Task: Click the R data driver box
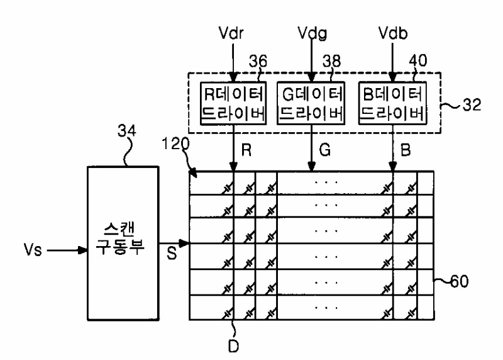[x=233, y=103]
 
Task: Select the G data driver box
[x=311, y=103]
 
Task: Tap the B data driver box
[x=392, y=103]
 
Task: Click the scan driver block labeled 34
[x=123, y=243]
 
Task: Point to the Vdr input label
[x=231, y=33]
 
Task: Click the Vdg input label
[x=312, y=33]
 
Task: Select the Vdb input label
[x=393, y=33]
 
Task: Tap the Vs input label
[x=33, y=249]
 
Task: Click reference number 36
[x=258, y=61]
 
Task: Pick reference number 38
[x=332, y=61]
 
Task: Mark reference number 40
[x=418, y=60]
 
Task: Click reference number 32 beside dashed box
[x=472, y=104]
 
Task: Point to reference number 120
[x=175, y=143]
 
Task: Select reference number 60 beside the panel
[x=460, y=281]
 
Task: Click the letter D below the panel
[x=233, y=346]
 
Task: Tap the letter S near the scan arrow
[x=172, y=253]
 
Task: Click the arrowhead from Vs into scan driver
[x=83, y=250]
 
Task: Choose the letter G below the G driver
[x=324, y=150]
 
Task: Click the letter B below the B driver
[x=406, y=150]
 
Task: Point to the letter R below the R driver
[x=246, y=150]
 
